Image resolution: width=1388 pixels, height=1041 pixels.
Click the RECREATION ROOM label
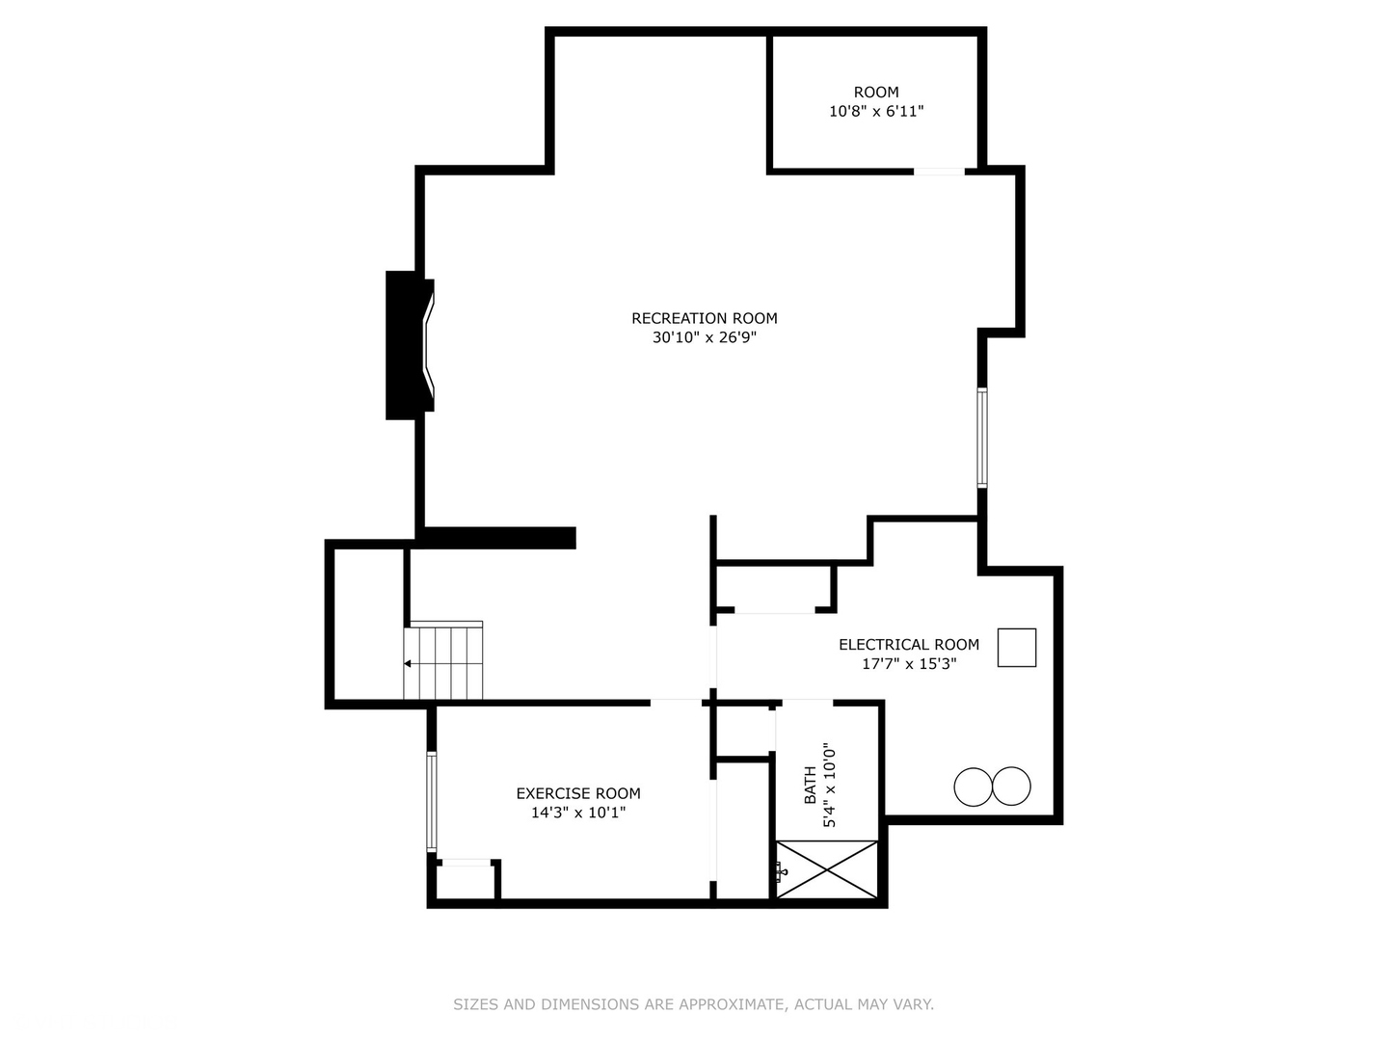(704, 318)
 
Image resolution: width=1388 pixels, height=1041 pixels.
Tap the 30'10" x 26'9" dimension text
(704, 337)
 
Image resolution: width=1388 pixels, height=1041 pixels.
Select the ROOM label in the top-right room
(876, 93)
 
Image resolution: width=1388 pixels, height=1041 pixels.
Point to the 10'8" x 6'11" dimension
(876, 111)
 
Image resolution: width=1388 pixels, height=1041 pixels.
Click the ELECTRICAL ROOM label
(909, 645)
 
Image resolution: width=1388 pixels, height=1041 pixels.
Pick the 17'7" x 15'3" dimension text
(909, 664)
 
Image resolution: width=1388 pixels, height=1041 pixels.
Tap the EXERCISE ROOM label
(578, 793)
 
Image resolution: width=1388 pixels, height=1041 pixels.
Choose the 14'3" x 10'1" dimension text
(578, 813)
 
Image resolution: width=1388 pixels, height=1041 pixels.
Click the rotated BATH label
(810, 785)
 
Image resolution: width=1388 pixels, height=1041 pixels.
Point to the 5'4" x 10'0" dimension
(829, 785)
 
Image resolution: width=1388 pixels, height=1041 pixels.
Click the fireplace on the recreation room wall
(410, 345)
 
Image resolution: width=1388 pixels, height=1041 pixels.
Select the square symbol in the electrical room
(1017, 647)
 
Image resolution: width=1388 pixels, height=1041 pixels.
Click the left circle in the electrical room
(974, 787)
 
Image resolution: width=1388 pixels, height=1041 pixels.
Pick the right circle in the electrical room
(1012, 787)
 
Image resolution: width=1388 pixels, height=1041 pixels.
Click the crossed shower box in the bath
(826, 869)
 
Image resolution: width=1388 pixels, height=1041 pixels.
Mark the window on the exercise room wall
(431, 802)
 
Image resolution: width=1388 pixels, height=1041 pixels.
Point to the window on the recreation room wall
(982, 438)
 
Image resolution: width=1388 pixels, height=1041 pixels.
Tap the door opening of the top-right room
(939, 172)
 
